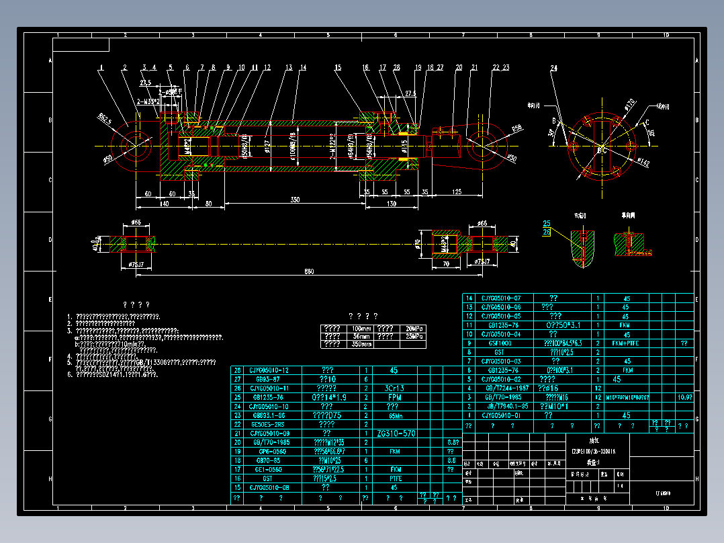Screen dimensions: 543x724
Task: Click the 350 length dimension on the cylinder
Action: (295, 200)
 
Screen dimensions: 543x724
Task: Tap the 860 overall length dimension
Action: (308, 270)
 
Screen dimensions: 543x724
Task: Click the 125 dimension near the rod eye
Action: (456, 193)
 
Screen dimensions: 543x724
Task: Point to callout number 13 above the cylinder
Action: (289, 68)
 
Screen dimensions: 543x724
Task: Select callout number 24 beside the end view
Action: (553, 68)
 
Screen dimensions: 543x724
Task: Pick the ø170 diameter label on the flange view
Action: (629, 104)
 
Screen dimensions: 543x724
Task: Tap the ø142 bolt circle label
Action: (643, 162)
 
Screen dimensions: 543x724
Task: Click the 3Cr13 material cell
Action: (394, 388)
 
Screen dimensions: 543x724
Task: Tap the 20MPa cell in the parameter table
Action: (412, 328)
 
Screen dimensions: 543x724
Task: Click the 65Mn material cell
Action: (394, 415)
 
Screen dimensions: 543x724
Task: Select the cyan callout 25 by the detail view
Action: (546, 223)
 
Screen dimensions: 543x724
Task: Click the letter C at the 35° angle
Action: (646, 122)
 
